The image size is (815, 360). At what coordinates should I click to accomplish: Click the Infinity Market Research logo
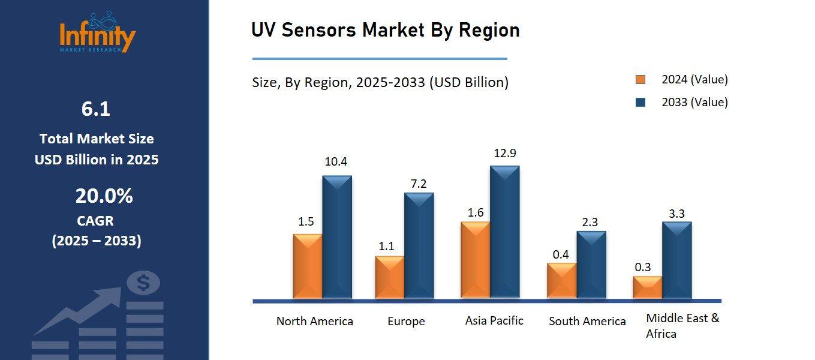97,33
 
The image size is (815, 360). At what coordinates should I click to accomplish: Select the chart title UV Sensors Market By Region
385,30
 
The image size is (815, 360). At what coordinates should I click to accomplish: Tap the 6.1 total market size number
96,109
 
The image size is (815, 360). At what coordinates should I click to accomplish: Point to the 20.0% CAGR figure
104,196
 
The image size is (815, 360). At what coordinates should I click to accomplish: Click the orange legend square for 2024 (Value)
640,80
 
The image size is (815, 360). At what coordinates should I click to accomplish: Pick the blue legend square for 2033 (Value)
640,103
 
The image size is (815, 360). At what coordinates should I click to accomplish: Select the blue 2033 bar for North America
337,237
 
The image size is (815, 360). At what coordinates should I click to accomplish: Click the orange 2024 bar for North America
308,266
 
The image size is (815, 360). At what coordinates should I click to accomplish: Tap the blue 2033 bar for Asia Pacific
505,232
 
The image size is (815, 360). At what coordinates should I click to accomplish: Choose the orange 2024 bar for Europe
389,277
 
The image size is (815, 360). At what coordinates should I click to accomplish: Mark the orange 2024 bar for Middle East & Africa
647,287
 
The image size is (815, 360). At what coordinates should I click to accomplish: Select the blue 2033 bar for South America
591,265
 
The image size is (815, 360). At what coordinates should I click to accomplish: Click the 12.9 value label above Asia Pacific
505,154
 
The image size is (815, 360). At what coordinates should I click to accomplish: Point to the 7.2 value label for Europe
419,184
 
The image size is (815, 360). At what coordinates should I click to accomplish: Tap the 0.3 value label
643,268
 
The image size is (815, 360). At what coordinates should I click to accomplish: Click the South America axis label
587,322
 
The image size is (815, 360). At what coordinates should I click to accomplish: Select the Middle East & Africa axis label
682,326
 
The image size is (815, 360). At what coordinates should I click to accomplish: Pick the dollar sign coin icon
143,283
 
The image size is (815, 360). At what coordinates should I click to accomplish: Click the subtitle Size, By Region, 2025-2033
380,83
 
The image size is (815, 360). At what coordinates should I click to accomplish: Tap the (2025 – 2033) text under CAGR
97,241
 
